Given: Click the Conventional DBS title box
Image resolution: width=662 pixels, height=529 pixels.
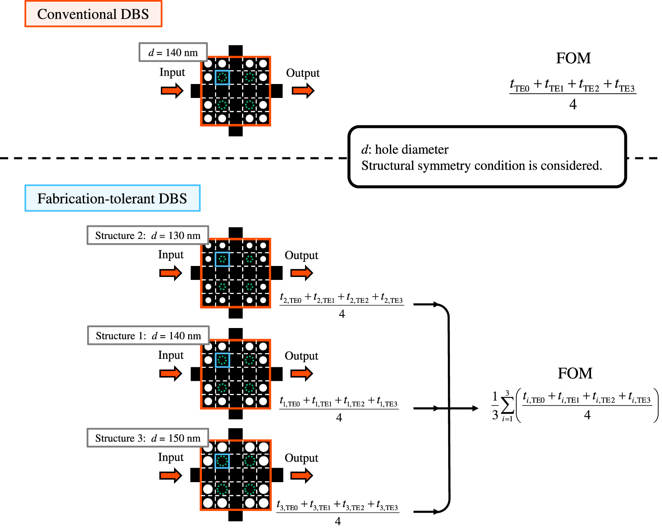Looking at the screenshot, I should click(93, 14).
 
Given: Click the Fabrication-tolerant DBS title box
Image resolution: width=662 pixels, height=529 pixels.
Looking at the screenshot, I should click(112, 198).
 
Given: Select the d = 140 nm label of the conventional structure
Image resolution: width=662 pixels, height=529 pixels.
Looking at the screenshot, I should click(173, 52).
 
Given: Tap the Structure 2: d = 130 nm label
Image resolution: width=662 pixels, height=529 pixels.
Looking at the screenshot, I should click(148, 235).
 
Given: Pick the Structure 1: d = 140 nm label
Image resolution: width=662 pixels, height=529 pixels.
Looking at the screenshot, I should click(148, 336).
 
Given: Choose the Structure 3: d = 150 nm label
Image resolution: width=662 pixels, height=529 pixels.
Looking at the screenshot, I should click(148, 438).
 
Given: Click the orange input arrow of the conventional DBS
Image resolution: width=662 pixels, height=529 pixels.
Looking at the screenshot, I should click(172, 90).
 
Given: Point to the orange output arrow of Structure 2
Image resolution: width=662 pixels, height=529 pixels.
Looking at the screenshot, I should click(302, 273).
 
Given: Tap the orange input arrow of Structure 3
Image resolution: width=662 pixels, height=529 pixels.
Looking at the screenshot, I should click(171, 475).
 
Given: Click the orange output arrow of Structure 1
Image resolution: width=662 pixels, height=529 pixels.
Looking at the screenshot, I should click(302, 373).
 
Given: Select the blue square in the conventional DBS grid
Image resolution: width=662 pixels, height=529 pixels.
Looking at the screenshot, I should click(222, 78).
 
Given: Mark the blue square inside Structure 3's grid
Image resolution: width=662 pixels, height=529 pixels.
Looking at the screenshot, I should click(222, 461).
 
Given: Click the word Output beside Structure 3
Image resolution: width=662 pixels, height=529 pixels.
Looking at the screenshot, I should click(301, 458).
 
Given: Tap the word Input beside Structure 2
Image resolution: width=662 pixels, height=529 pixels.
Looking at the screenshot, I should click(171, 255).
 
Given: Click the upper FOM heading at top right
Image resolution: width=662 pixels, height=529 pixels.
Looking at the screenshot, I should click(573, 58).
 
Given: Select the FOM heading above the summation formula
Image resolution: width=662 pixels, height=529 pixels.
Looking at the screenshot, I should click(575, 373).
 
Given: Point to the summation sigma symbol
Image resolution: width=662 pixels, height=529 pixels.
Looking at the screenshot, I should click(507, 407).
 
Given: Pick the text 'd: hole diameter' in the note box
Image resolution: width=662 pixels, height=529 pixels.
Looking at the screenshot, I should click(405, 149).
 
